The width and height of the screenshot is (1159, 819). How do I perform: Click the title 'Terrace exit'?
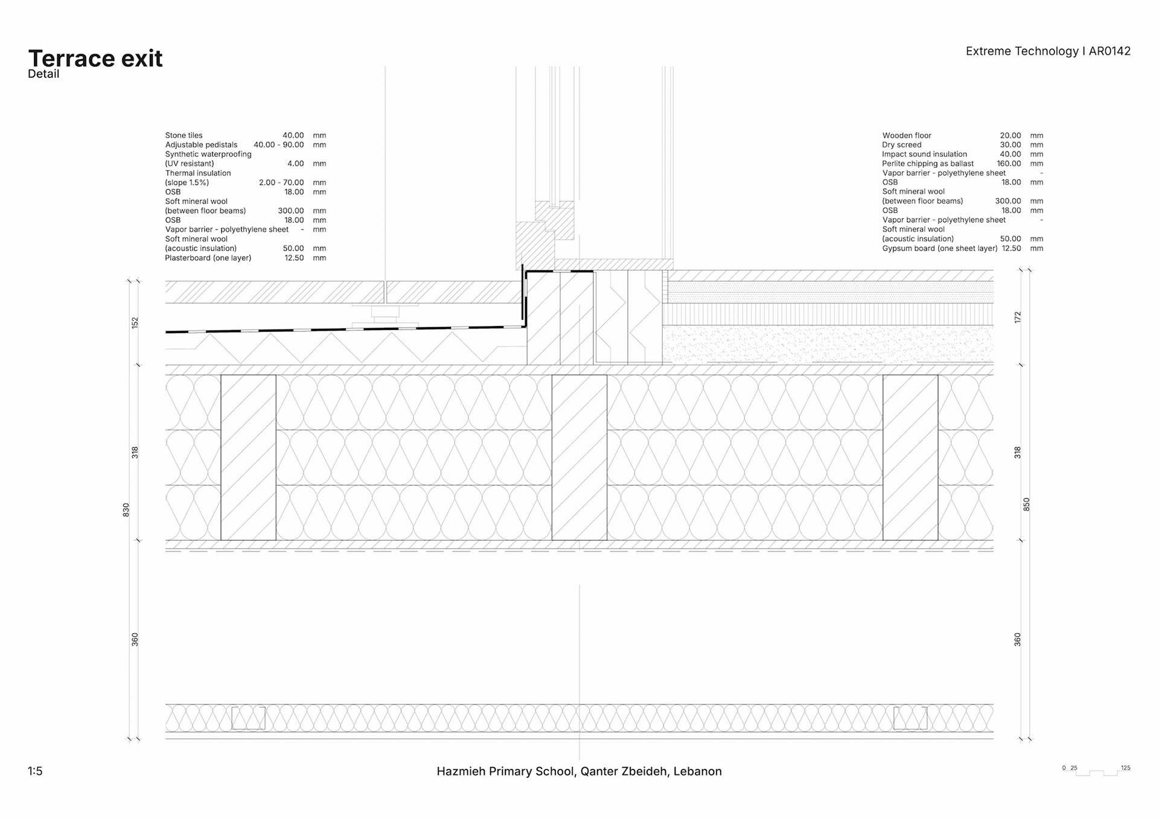[95, 59]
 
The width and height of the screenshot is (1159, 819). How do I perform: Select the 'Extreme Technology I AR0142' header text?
[1048, 51]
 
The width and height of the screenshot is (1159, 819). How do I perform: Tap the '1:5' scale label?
[35, 771]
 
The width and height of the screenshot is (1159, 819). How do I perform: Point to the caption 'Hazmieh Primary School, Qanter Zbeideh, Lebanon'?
[579, 771]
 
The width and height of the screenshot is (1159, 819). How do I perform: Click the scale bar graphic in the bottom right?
[1096, 771]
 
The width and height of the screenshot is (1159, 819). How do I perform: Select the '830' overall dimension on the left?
[126, 510]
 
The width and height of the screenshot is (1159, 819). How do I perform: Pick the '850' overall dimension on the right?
[1026, 505]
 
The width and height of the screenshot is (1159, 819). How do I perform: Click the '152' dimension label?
[135, 322]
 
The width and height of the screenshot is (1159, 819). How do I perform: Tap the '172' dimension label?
[1018, 317]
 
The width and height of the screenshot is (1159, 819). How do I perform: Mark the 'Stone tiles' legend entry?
[184, 136]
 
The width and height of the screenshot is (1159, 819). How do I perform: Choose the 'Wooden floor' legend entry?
[907, 136]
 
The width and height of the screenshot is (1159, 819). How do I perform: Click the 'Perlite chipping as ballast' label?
[928, 164]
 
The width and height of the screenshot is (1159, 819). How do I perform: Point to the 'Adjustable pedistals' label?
[201, 145]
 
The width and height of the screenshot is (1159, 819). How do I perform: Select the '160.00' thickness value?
[1009, 164]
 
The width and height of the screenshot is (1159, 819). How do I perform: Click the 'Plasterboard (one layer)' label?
[208, 258]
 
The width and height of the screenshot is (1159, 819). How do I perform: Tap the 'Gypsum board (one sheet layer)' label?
[939, 248]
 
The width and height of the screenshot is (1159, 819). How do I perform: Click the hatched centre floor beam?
[579, 457]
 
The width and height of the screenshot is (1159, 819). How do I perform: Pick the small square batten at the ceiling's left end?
[248, 718]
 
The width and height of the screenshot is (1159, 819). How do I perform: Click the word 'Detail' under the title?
[43, 74]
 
